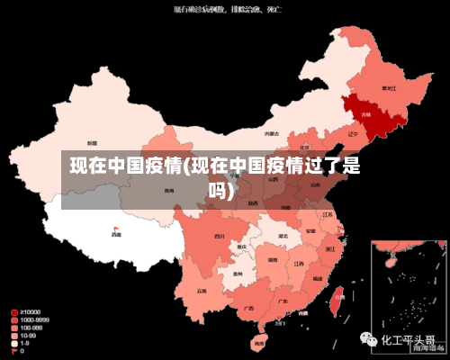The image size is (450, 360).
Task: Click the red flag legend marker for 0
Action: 13,351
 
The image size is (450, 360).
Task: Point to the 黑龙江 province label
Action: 389,88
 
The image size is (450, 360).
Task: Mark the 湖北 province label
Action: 283,236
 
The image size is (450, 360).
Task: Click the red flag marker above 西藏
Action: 115,229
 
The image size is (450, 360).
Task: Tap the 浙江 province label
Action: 330,247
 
